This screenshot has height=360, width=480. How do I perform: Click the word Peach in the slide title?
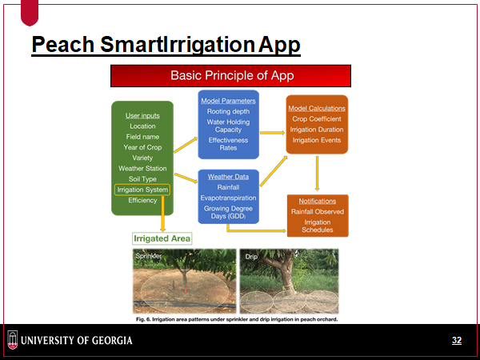click(x=62, y=44)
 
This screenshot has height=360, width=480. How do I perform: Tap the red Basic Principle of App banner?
click(x=230, y=76)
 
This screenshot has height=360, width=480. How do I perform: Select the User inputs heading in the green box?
click(x=142, y=116)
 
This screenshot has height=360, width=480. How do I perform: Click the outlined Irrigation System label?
click(x=142, y=190)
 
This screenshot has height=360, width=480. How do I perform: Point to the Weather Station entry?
click(x=142, y=168)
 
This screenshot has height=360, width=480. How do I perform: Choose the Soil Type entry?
click(x=142, y=179)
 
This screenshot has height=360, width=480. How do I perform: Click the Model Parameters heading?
click(x=228, y=101)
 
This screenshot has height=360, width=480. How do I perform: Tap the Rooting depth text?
click(x=228, y=111)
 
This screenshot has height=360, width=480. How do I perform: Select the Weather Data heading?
click(x=228, y=177)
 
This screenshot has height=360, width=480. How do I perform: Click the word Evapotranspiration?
click(x=228, y=198)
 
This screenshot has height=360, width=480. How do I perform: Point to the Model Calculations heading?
click(x=317, y=108)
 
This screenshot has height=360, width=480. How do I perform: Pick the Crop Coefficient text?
click(x=317, y=118)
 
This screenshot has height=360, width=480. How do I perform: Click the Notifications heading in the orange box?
click(x=317, y=201)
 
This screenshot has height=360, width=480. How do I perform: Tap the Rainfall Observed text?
click(x=317, y=211)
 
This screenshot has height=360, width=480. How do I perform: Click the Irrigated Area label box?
click(x=162, y=238)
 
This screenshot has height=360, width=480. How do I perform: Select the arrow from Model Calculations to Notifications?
click(x=317, y=174)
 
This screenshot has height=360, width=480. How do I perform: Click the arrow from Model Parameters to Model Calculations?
click(x=273, y=133)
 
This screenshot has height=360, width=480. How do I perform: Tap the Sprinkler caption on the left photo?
click(x=148, y=256)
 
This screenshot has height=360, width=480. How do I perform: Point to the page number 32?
click(x=457, y=341)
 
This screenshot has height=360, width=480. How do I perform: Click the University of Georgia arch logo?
click(x=13, y=340)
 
